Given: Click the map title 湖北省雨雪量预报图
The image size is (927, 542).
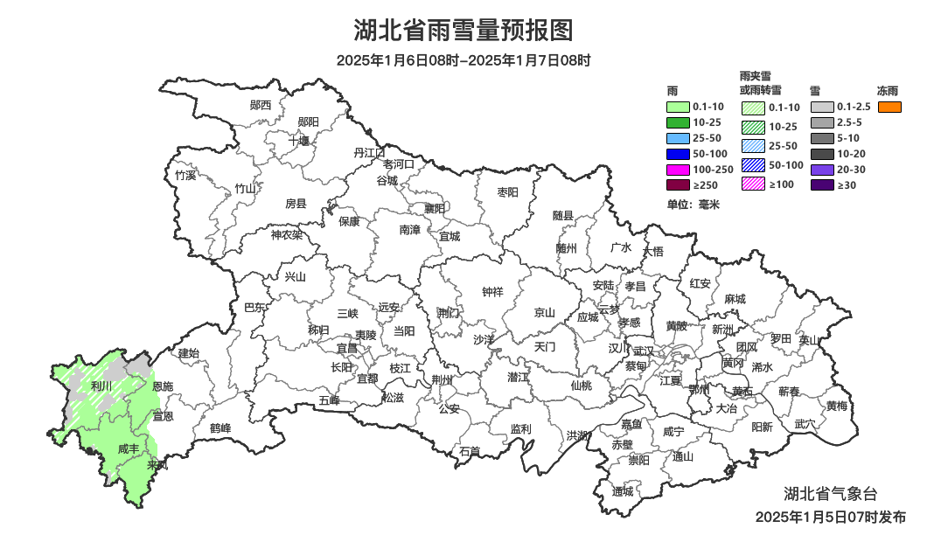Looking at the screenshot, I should coord(463,31).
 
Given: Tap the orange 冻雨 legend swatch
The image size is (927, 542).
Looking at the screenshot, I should coord(889,107).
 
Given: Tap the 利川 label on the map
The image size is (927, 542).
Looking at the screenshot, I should coord(101,386).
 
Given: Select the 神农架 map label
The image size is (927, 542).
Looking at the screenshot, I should coord(286,234).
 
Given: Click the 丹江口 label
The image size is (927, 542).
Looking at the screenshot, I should coord(369,153).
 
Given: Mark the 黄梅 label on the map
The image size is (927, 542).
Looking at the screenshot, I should coord(837,406).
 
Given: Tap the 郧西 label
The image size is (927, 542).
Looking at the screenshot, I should coord(261,105).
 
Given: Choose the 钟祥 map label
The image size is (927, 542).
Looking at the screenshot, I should coord(493,292).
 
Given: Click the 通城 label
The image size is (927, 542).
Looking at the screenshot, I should coord(623,491).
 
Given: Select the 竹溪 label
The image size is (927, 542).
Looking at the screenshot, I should coord(185,175).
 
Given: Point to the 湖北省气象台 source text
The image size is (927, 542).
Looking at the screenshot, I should coord(829,495).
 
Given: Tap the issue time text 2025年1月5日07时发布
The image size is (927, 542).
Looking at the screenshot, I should coord(831,518).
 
